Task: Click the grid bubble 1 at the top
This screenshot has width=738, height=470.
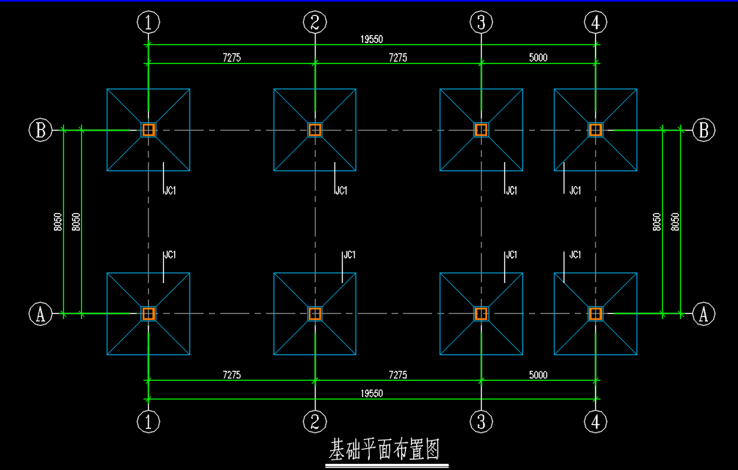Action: [x=148, y=22]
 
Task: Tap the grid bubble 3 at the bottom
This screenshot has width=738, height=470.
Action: [x=481, y=422]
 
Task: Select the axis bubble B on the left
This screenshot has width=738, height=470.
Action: [x=41, y=130]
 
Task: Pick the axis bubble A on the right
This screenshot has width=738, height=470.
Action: [x=703, y=314]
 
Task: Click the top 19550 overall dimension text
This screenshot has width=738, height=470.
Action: [x=372, y=40]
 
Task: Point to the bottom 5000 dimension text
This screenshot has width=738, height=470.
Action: [x=538, y=375]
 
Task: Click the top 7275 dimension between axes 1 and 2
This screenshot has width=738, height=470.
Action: [x=231, y=57]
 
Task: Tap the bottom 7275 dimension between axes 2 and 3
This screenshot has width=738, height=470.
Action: [x=398, y=375]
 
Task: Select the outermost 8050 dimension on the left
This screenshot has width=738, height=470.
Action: [x=57, y=221]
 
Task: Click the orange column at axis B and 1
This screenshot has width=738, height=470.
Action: [x=148, y=130]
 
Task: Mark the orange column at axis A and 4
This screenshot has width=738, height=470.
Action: [x=595, y=314]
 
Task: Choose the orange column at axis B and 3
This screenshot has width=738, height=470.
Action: [x=481, y=130]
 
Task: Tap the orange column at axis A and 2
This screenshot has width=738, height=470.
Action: [x=315, y=314]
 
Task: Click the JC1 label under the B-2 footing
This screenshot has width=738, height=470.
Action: [x=341, y=191]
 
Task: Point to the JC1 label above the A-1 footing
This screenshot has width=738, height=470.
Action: [x=170, y=255]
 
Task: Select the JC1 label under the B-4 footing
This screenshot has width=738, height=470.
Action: [x=575, y=191]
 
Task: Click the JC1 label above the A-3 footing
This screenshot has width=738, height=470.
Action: [x=511, y=255]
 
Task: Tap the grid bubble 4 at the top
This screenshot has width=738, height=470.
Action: [x=595, y=22]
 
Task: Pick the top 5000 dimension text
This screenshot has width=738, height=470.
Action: [x=538, y=57]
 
